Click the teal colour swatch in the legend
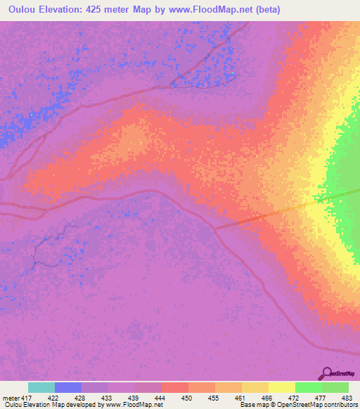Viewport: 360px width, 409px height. pyautogui.click(x=41, y=387)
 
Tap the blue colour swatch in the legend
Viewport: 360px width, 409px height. pyautogui.click(x=68, y=387)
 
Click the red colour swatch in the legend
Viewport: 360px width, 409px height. pyautogui.click(x=175, y=387)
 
